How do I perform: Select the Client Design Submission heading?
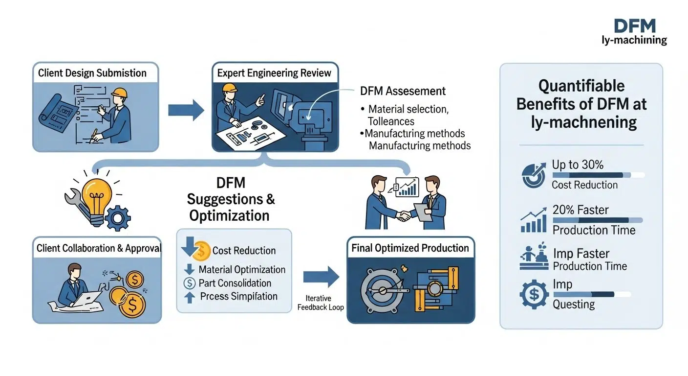[x=92, y=73]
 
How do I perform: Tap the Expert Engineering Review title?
[x=274, y=73]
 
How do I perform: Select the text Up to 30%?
[x=578, y=165]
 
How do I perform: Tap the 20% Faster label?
[x=580, y=210]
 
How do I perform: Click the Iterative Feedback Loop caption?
[x=321, y=303]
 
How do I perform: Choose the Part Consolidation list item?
[x=235, y=283]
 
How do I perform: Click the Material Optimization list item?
[x=242, y=270]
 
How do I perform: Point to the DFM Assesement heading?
[x=403, y=91]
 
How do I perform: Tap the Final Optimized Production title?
[x=410, y=248]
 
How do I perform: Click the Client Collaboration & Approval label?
[x=98, y=248]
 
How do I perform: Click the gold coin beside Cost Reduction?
[x=202, y=251]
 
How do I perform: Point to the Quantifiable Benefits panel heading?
[x=581, y=104]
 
